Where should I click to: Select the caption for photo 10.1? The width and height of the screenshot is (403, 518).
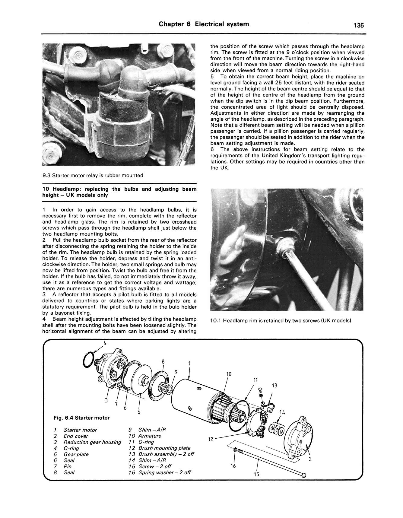pyautogui.click(x=281, y=320)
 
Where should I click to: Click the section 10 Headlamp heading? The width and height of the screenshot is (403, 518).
pyautogui.click(x=119, y=192)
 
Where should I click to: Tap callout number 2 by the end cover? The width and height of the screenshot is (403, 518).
pyautogui.click(x=310, y=460)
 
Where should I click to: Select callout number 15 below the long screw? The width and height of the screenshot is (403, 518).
pyautogui.click(x=257, y=474)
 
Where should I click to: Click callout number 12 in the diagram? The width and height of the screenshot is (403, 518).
pyautogui.click(x=211, y=439)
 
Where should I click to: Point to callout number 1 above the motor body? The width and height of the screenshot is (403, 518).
pyautogui.click(x=189, y=364)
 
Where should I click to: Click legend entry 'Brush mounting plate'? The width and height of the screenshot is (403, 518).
pyautogui.click(x=164, y=448)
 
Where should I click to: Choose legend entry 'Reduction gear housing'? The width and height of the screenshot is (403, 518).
pyautogui.click(x=92, y=442)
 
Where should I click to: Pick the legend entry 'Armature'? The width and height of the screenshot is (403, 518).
pyautogui.click(x=149, y=436)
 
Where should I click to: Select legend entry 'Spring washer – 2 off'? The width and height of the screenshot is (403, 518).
pyautogui.click(x=164, y=472)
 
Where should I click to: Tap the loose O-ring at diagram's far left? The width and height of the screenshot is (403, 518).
pyautogui.click(x=89, y=360)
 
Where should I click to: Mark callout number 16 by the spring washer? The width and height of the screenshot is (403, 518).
pyautogui.click(x=233, y=466)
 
